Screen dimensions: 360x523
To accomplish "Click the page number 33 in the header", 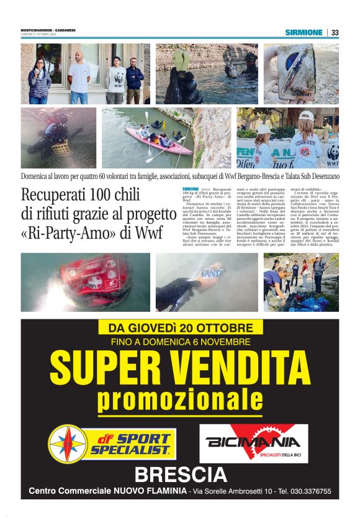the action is tap(335, 32).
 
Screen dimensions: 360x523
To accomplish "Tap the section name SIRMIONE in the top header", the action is tap(304, 32).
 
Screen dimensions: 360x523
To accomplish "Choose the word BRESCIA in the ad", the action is tap(181, 475).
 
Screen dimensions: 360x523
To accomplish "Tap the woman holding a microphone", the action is tap(38, 80).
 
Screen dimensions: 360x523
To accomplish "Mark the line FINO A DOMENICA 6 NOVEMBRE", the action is tap(179, 342).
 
